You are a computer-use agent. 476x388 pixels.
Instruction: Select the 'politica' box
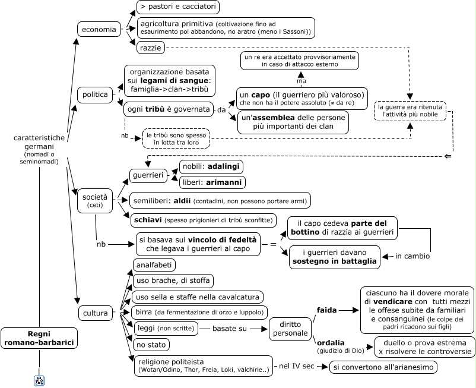click(95, 94)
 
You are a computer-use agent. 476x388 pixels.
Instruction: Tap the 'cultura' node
click(96, 313)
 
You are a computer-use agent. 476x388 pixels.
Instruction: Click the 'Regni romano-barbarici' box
click(39, 338)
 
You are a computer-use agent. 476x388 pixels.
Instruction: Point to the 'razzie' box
click(151, 48)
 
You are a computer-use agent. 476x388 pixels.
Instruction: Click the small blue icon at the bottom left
click(39, 380)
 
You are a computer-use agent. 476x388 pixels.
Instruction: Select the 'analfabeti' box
click(154, 264)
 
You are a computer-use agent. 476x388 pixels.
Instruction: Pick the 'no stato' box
click(151, 345)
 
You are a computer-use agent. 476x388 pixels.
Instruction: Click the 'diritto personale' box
click(290, 329)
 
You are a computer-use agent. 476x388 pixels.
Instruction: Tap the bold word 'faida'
click(326, 310)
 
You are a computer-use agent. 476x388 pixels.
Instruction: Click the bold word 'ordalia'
click(331, 343)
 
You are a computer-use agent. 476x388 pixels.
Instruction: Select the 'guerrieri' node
click(148, 175)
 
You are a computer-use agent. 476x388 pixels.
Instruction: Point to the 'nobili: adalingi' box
click(211, 166)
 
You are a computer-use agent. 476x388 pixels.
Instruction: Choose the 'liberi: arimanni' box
click(212, 182)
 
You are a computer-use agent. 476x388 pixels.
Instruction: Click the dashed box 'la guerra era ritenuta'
click(410, 111)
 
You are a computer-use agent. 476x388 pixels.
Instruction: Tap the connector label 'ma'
click(302, 81)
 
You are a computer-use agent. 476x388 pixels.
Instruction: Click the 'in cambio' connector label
click(412, 256)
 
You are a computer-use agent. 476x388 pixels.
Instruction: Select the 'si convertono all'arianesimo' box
click(383, 367)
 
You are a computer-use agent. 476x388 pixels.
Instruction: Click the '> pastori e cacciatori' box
click(178, 7)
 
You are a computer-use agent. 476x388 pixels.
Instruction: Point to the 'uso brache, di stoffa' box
click(173, 280)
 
